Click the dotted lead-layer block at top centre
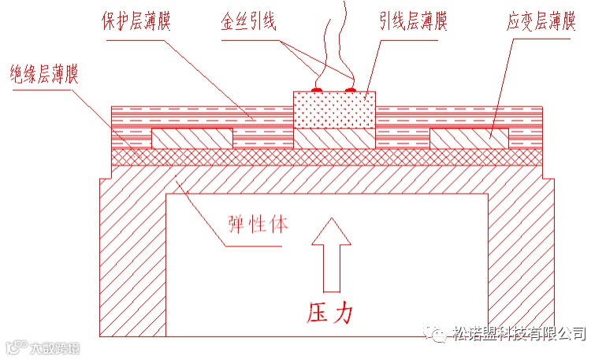click(x=334, y=109)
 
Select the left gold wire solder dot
click(x=318, y=90)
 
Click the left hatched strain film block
click(x=191, y=139)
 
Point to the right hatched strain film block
click(x=470, y=139)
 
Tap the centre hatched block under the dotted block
click(x=334, y=139)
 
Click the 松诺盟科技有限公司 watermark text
click(x=519, y=333)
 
